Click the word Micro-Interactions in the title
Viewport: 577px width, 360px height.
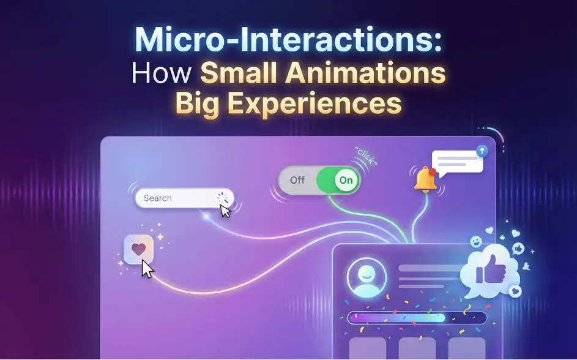point(288,40)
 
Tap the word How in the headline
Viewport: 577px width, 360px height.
point(162,74)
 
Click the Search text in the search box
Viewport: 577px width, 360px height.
point(157,198)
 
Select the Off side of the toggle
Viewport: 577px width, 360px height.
point(297,180)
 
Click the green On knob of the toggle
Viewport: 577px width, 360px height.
point(346,180)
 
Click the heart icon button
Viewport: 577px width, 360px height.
point(139,249)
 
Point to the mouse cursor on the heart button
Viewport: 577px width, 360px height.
point(147,268)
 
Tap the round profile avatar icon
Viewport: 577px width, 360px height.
point(367,277)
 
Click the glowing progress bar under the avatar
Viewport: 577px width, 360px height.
point(416,318)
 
